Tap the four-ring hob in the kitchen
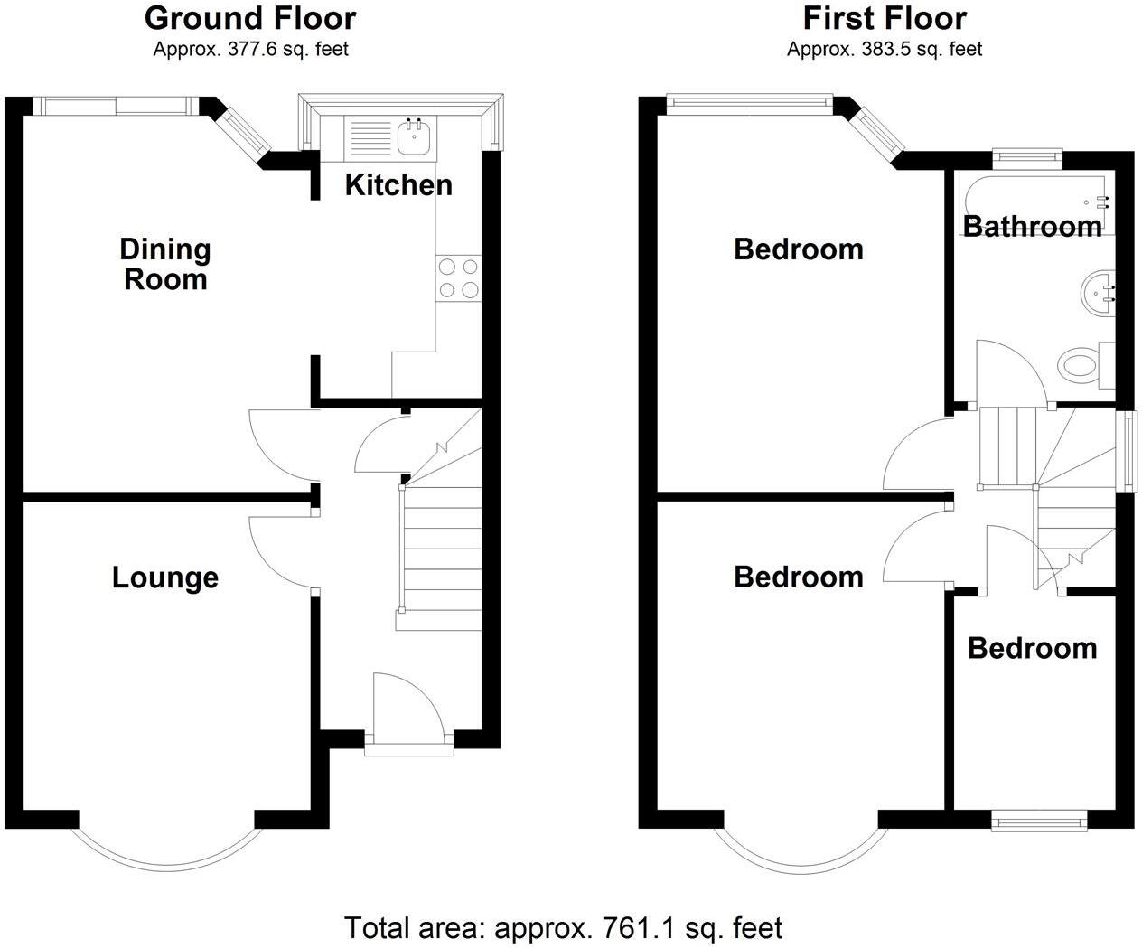point(458,277)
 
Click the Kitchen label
point(398,185)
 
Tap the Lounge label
point(165,577)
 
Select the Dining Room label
point(165,264)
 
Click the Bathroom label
point(1032,226)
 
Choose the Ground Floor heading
point(250,18)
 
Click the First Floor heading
point(885,18)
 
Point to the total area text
point(563,927)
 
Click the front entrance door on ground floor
point(407,709)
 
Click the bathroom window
point(1026,155)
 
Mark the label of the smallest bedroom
point(1032,648)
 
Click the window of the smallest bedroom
point(1039,821)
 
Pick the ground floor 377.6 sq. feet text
point(250,49)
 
